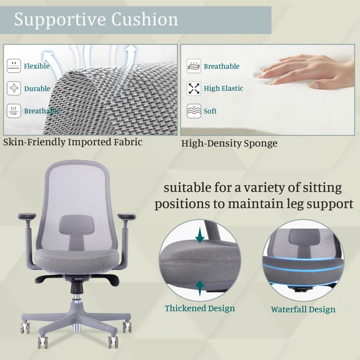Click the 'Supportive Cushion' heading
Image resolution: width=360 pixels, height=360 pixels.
pos(96,19)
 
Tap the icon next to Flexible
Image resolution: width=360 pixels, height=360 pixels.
pos(14,66)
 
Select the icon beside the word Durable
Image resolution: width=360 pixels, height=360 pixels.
pos(14,88)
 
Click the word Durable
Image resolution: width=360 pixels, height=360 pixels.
pos(37,89)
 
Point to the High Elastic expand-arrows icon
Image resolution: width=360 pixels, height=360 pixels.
pos(194,88)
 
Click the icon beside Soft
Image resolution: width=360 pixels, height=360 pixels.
pos(194,111)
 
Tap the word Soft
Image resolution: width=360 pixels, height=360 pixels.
pos(210,111)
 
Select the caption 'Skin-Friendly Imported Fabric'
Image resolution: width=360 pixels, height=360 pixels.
pos(72,142)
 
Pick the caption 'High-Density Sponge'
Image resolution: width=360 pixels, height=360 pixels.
pos(229,144)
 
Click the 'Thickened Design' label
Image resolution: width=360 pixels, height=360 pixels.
pos(200,308)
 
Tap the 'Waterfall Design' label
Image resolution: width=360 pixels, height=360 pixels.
pos(303,309)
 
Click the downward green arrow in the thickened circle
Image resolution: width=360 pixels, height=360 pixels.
pos(200,235)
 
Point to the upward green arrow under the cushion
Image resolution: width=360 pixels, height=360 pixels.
pos(200,288)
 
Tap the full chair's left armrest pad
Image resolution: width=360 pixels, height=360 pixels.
pos(27,216)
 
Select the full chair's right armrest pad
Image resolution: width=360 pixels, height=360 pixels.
pos(126,216)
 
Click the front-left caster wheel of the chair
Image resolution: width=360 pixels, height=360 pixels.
pos(43,343)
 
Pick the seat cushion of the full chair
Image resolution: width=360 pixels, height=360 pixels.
pos(76,261)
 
